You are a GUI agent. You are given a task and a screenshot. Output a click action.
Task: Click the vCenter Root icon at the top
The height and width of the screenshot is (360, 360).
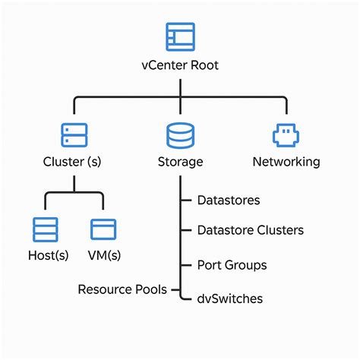[180, 37]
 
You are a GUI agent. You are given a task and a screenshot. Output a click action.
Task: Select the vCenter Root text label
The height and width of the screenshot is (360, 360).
[180, 65]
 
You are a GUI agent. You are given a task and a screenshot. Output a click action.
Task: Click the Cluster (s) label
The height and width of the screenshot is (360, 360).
[73, 162]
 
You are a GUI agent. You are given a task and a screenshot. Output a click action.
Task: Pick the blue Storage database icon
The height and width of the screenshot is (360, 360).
[180, 135]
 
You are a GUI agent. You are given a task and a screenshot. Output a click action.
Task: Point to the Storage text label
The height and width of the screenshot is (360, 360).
[180, 162]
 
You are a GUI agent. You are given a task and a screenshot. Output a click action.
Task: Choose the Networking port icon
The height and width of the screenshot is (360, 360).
[286, 135]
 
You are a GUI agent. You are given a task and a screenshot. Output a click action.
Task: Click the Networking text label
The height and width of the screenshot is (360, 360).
[286, 162]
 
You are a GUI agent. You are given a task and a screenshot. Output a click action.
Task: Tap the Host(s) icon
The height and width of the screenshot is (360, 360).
[45, 229]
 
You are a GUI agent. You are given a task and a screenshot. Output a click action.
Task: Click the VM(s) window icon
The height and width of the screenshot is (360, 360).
[103, 229]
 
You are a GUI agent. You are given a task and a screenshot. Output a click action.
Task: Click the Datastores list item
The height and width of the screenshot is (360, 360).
[228, 201]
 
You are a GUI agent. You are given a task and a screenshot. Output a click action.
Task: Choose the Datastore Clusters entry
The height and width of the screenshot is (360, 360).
[250, 230]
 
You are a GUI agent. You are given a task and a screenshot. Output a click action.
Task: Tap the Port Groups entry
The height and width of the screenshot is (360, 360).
[232, 265]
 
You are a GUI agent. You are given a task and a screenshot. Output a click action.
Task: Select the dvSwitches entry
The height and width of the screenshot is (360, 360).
[229, 298]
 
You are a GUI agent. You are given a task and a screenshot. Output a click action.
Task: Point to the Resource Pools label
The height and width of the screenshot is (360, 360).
[123, 289]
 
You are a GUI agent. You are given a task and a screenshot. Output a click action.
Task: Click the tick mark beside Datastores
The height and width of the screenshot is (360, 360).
[185, 201]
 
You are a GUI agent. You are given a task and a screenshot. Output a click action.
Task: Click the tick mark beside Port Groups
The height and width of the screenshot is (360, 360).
[185, 265]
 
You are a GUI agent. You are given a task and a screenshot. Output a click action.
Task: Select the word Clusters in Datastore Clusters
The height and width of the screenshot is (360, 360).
[279, 230]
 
